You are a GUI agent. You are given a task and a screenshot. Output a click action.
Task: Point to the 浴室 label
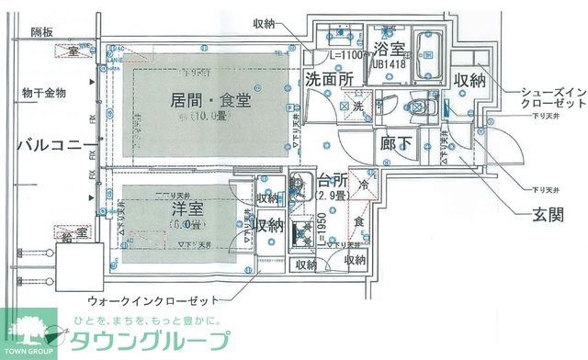tap(390, 49)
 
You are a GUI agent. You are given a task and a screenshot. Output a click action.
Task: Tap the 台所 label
tap(333, 178)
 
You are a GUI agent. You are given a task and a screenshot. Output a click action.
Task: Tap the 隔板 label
tap(42, 32)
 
